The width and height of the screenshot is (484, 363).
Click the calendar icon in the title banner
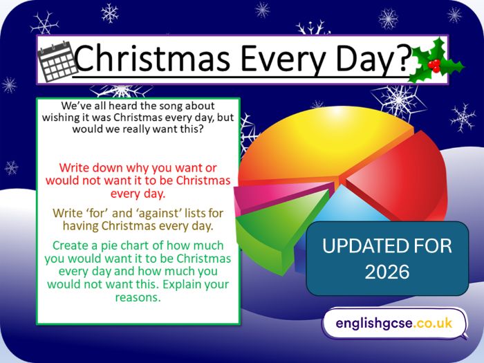click(55, 61)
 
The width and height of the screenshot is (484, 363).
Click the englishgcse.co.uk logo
click(394, 323)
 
